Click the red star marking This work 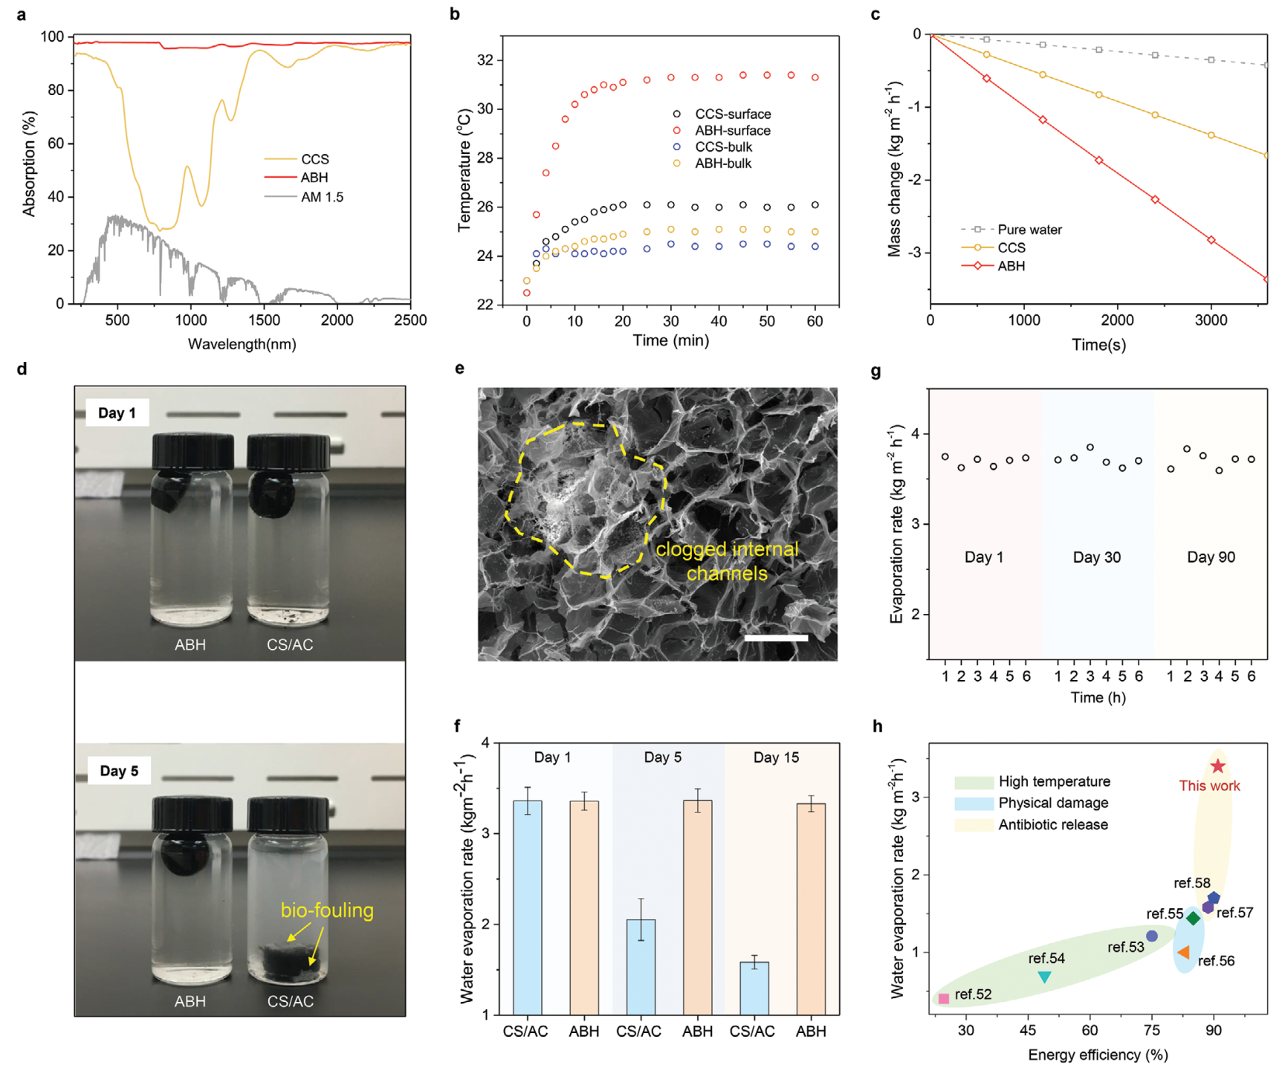point(1217,766)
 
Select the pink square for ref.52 point(944,998)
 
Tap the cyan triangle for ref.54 point(1045,977)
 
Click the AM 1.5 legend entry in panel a point(321,197)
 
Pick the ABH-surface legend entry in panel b point(732,131)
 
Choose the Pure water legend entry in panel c point(1029,230)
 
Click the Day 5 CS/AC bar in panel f point(641,966)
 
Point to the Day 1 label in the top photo point(117,412)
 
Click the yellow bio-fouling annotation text point(327,910)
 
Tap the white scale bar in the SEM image point(776,638)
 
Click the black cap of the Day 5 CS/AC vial point(288,814)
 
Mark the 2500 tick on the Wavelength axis point(410,320)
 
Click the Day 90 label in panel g point(1211,557)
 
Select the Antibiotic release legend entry point(1052,825)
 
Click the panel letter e point(460,369)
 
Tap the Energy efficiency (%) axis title point(1098,1055)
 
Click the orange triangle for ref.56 point(1183,952)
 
